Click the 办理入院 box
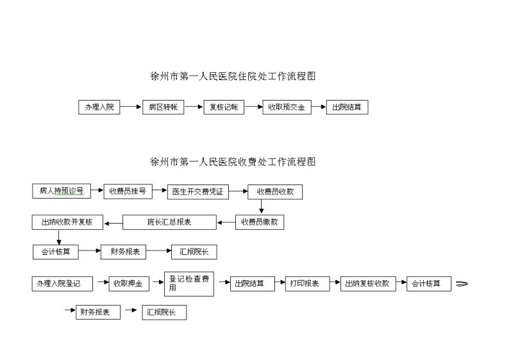coord(99,107)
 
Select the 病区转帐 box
coord(164,107)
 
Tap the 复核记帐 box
coord(224,107)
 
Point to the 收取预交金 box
coord(287,107)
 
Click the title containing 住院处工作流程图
coord(233,76)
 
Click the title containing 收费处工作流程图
coord(233,161)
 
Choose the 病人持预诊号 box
coord(62,191)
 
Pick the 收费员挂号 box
coord(128,192)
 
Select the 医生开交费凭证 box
coord(198,192)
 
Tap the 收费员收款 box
coord(275,192)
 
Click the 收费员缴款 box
coord(260,222)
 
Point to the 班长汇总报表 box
coord(169,222)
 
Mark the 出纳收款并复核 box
coord(67,222)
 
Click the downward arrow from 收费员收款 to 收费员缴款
coord(261,206)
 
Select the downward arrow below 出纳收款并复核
coord(59,237)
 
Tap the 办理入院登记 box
coord(62,284)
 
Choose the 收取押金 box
coord(129,284)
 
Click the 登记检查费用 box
coord(189,284)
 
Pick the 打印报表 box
coord(308,284)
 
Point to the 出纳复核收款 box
coord(368,284)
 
